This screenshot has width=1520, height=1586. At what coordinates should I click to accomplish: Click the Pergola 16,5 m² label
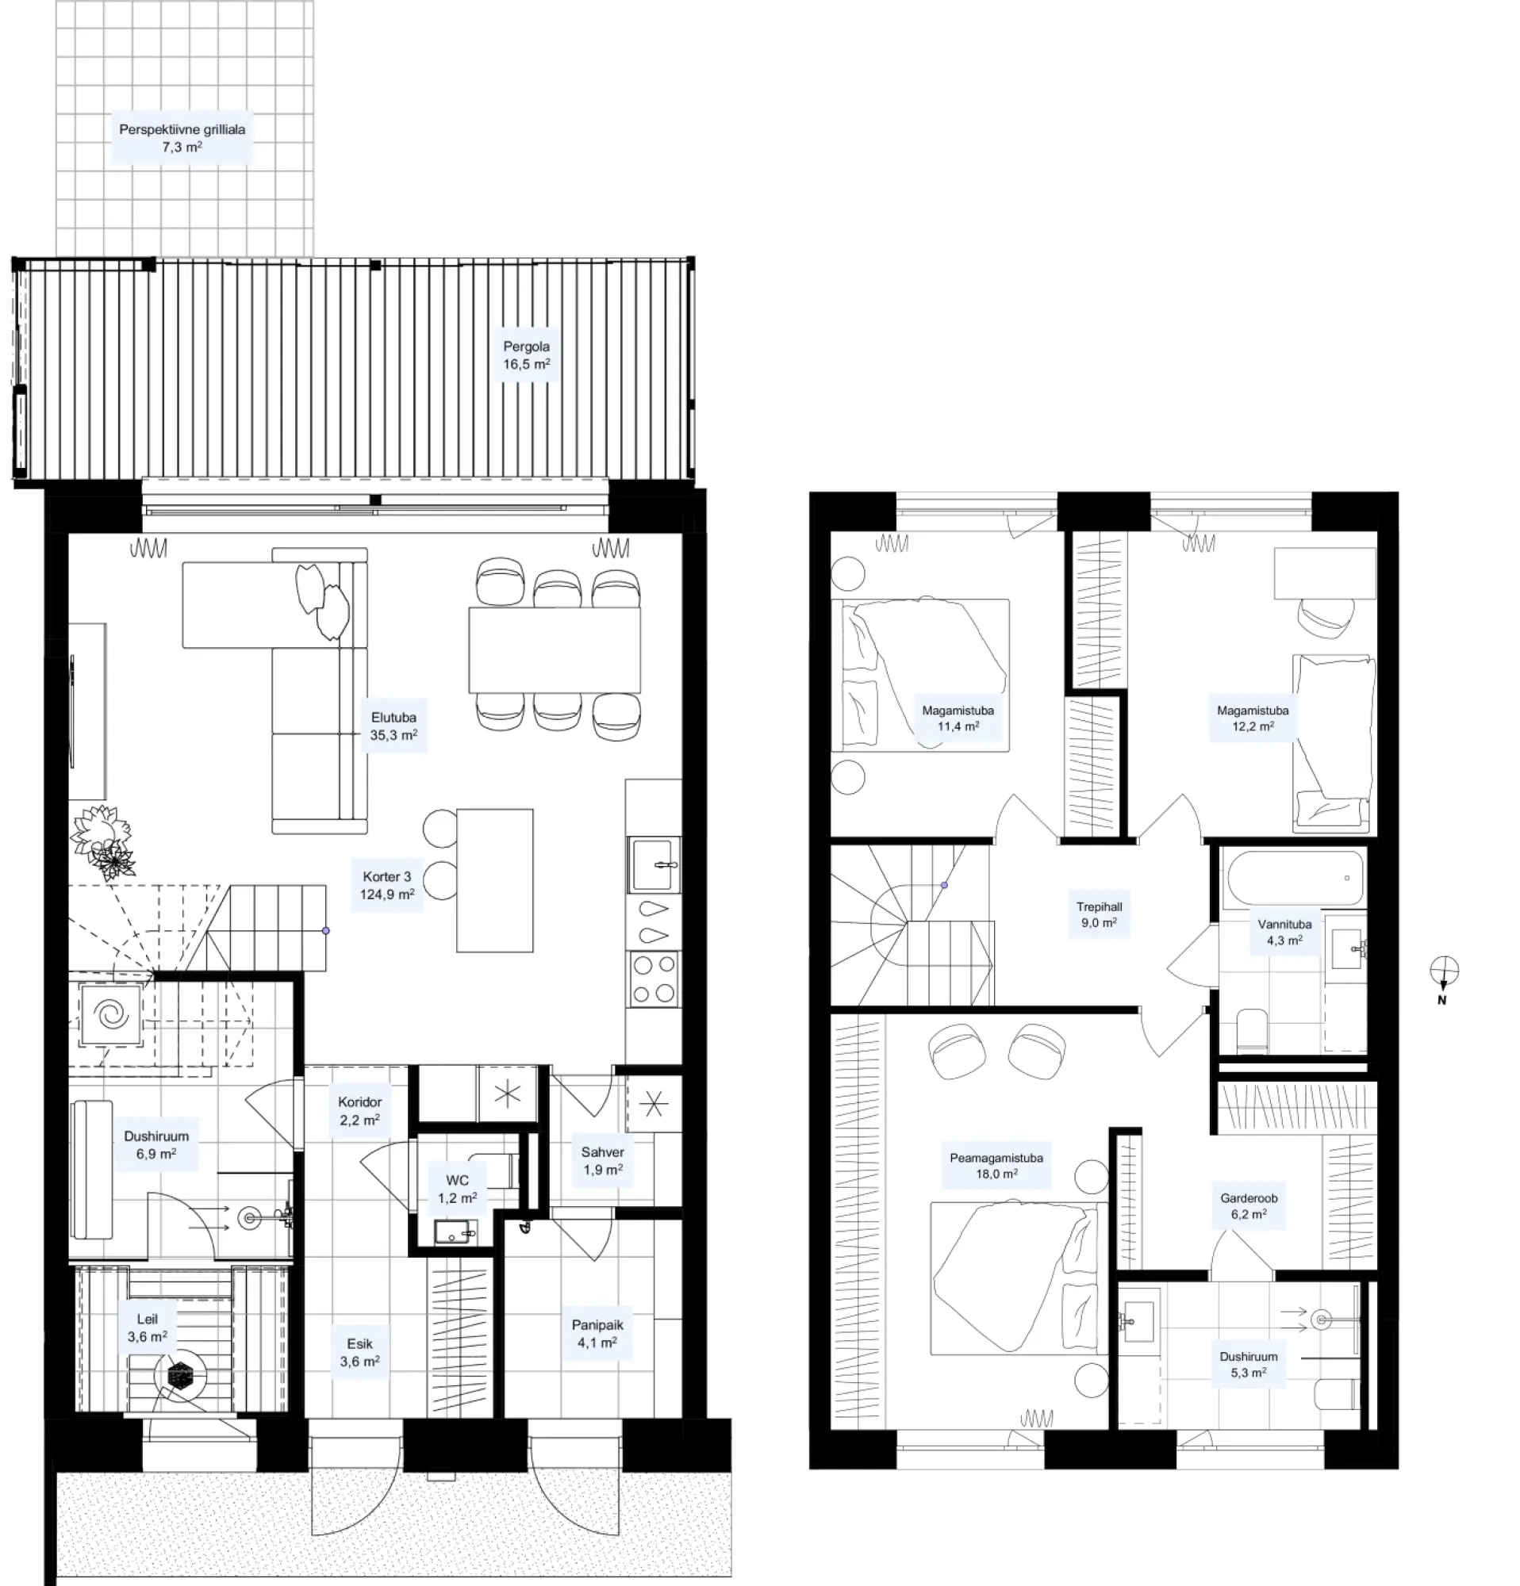point(526,355)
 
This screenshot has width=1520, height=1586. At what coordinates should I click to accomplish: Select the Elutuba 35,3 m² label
point(393,726)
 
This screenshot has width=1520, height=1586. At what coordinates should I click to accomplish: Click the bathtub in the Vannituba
point(1295,877)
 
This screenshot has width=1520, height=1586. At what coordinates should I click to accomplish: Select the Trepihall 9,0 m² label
point(1098,914)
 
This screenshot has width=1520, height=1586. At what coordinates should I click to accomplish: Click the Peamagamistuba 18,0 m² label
point(996,1165)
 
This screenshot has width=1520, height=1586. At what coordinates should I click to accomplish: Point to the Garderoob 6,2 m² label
point(1248,1205)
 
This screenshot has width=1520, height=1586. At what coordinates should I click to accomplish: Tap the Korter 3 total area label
point(387,885)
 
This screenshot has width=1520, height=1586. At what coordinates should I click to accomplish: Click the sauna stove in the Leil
point(178,1373)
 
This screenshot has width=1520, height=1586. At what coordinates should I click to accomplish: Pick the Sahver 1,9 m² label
point(602,1160)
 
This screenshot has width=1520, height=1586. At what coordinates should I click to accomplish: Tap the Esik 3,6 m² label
point(359,1353)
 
